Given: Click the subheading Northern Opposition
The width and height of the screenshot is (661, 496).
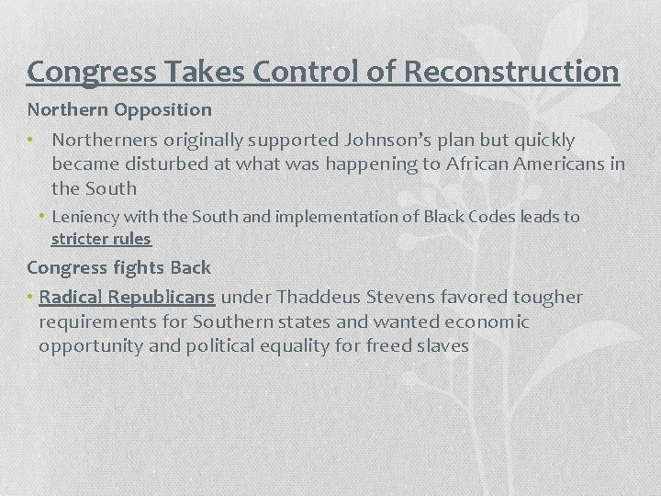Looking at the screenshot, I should click(x=119, y=109).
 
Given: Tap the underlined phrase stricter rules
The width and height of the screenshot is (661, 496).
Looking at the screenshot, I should click(x=101, y=239).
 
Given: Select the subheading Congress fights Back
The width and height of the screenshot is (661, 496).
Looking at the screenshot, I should click(x=119, y=268).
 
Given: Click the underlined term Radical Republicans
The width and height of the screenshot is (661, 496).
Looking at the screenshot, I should click(x=128, y=297).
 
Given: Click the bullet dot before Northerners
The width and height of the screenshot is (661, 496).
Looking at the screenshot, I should click(x=31, y=141).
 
